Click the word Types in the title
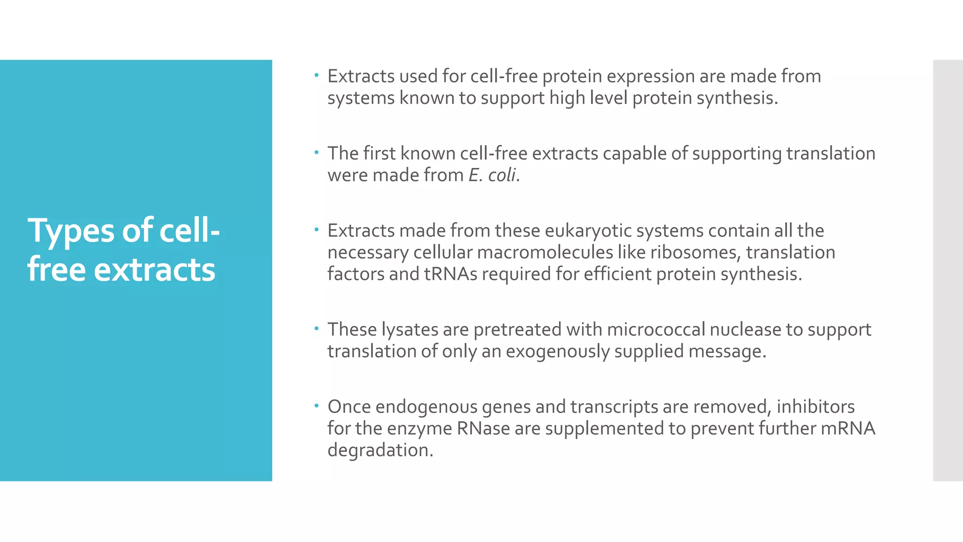71,231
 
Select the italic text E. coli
492,175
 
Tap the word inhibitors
815,406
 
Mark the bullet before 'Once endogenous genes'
316,405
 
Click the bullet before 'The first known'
316,152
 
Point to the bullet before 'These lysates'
316,328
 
